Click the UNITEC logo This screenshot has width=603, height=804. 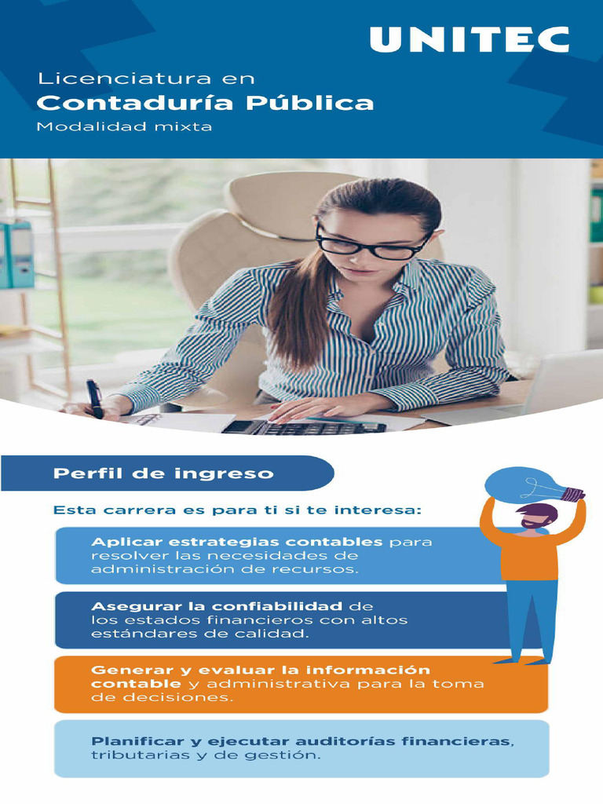(469, 39)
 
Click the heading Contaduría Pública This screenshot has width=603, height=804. (206, 103)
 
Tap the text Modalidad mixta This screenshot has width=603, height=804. (125, 126)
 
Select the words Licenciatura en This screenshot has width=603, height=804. (147, 79)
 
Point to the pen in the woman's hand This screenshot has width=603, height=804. (94, 397)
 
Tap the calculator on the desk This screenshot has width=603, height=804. (306, 426)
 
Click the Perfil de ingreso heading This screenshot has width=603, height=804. (163, 473)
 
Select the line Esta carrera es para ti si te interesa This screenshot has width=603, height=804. (237, 510)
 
